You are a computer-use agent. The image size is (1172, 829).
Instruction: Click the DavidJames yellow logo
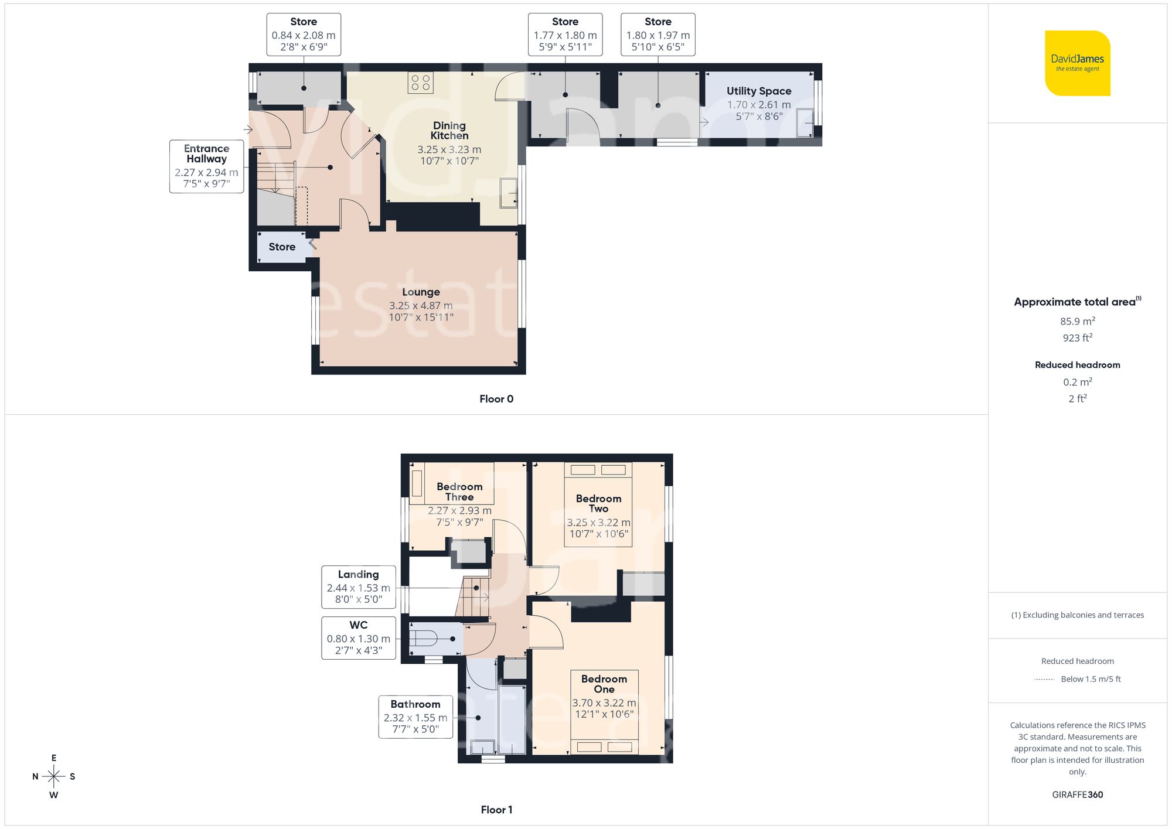coord(1077,63)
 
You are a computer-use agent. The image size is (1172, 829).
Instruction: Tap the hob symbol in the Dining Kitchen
coord(420,83)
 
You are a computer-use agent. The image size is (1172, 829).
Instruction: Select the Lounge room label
coord(421,292)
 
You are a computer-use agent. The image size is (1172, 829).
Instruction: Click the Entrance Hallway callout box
coord(206,166)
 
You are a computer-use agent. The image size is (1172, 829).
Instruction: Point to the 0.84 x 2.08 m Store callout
coord(304,35)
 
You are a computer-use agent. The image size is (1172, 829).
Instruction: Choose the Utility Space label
coord(759,91)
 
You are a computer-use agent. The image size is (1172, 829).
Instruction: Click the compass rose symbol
coord(54,777)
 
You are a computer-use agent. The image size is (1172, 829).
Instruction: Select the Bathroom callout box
coord(415,717)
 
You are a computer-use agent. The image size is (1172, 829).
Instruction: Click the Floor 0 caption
coord(496,399)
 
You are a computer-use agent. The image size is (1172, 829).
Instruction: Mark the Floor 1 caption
coord(496,810)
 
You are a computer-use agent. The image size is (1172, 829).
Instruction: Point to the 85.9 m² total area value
coord(1077,321)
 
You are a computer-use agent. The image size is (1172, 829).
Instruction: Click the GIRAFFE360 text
coord(1077,794)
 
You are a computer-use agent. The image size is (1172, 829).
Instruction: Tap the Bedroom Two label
coord(598,503)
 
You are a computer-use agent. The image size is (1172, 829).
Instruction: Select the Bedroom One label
coord(604,684)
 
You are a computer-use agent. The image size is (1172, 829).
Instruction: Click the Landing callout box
coord(358,586)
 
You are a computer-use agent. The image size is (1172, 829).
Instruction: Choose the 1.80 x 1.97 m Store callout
coord(657,35)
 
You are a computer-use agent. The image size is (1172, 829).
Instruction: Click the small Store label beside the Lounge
coord(282,247)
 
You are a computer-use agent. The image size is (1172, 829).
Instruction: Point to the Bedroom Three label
coord(459,492)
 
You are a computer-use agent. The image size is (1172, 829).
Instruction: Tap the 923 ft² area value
coord(1077,338)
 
